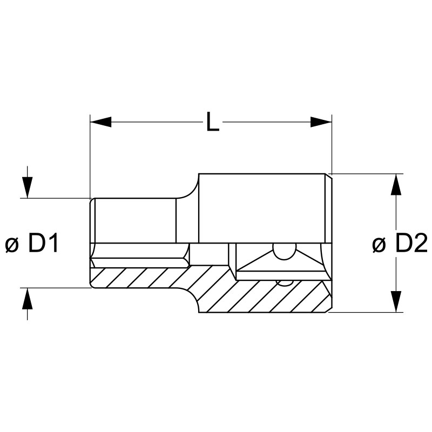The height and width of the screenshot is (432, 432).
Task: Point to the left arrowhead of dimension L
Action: (100, 122)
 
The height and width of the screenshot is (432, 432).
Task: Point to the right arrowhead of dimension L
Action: (321, 122)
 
